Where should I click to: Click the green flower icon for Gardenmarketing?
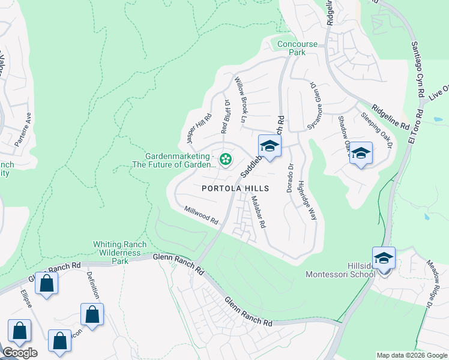226,159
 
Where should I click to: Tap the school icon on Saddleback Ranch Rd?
270,146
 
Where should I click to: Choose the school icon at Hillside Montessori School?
384,258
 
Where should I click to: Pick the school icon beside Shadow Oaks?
361,153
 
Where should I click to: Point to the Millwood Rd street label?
201,215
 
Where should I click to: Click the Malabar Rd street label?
258,212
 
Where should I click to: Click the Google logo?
20,353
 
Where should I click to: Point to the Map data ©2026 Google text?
411,355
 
